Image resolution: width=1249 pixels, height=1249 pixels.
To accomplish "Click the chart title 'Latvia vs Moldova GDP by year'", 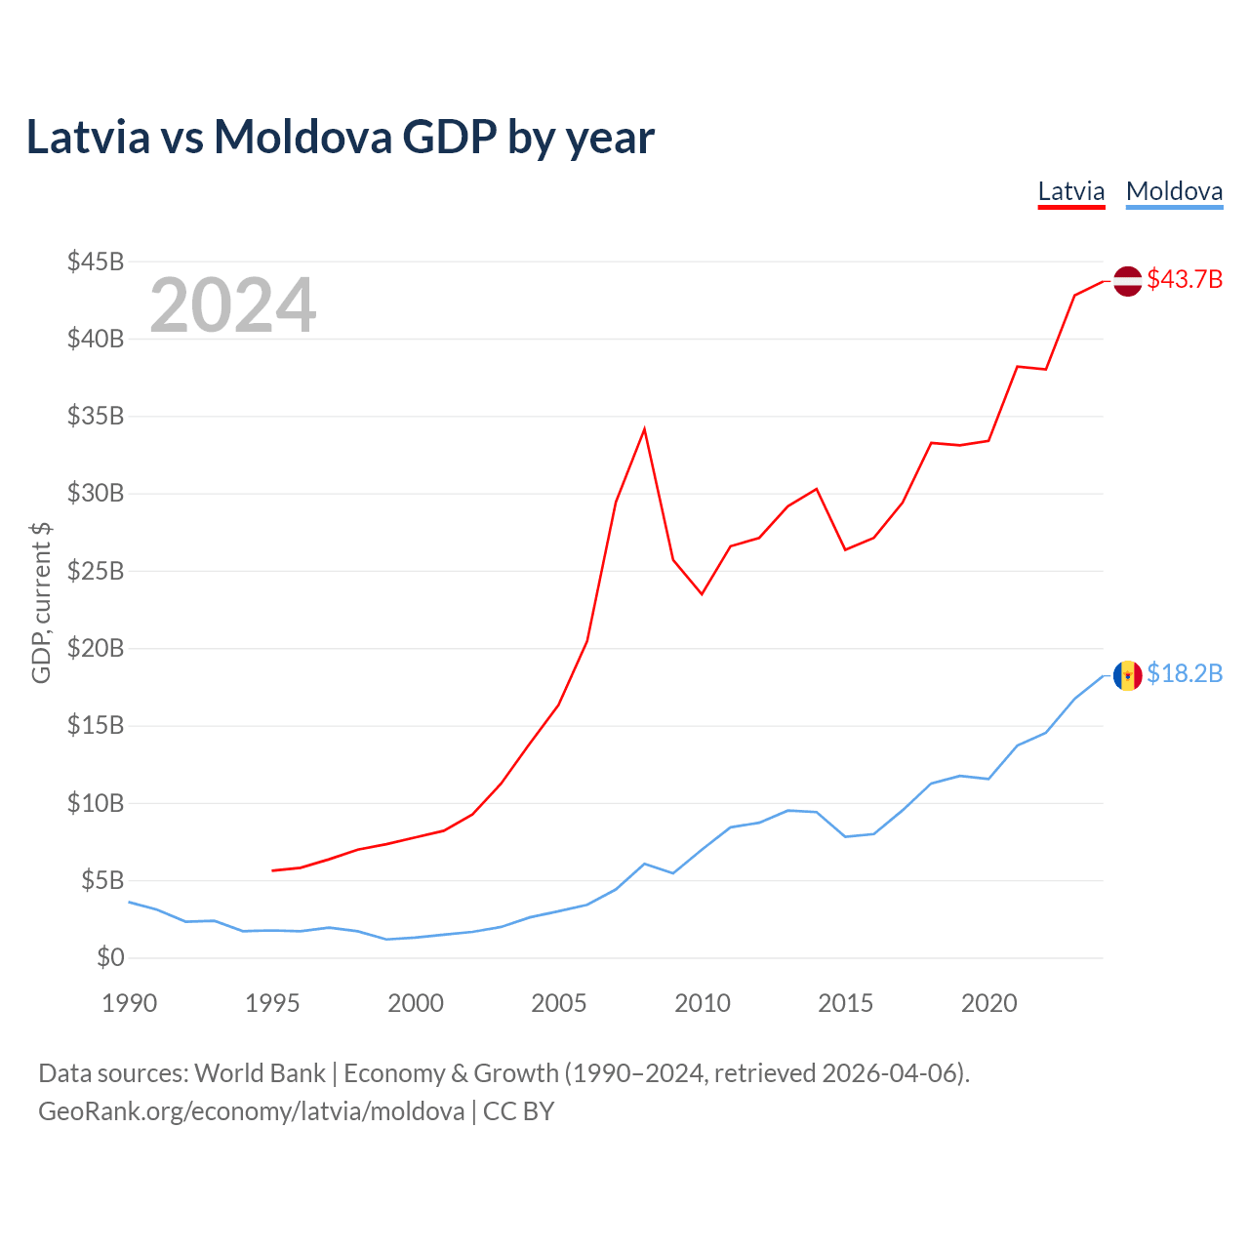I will tap(340, 137).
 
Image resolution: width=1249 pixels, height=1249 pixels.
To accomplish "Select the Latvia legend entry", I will tap(1070, 191).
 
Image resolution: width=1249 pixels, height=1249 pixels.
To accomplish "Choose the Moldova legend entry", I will tap(1174, 191).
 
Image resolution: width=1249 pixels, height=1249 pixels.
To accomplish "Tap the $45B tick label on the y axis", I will tap(96, 262).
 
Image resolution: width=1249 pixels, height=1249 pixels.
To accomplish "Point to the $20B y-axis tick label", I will tap(96, 648).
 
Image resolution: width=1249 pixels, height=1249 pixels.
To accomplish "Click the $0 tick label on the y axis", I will tap(110, 957).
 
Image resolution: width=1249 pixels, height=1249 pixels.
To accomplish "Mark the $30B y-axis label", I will tap(96, 494).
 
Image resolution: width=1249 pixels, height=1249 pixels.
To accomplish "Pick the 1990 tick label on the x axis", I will tap(129, 1003).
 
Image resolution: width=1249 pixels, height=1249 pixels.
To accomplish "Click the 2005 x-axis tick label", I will tap(559, 1003).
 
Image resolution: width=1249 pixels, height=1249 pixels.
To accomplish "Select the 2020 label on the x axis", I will tap(989, 1003).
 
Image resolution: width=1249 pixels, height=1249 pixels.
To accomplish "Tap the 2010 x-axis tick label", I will tap(703, 1003).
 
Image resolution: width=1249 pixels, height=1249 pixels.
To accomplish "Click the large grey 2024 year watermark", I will tap(232, 305).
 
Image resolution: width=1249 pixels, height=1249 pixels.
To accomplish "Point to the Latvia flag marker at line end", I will tap(1127, 281).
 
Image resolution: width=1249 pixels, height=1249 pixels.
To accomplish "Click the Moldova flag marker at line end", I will tap(1127, 675).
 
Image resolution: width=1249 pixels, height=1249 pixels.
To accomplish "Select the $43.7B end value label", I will tap(1185, 280).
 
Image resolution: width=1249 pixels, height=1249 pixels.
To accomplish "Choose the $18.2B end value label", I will tap(1185, 674).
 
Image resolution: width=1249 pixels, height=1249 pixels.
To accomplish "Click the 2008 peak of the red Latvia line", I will tap(644, 429).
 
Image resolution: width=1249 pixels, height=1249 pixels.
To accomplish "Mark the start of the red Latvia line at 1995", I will tap(273, 870).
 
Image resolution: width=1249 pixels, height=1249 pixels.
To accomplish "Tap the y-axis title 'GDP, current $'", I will tap(41, 603).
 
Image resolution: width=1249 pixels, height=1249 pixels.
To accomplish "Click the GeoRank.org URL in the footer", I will tap(251, 1111).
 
